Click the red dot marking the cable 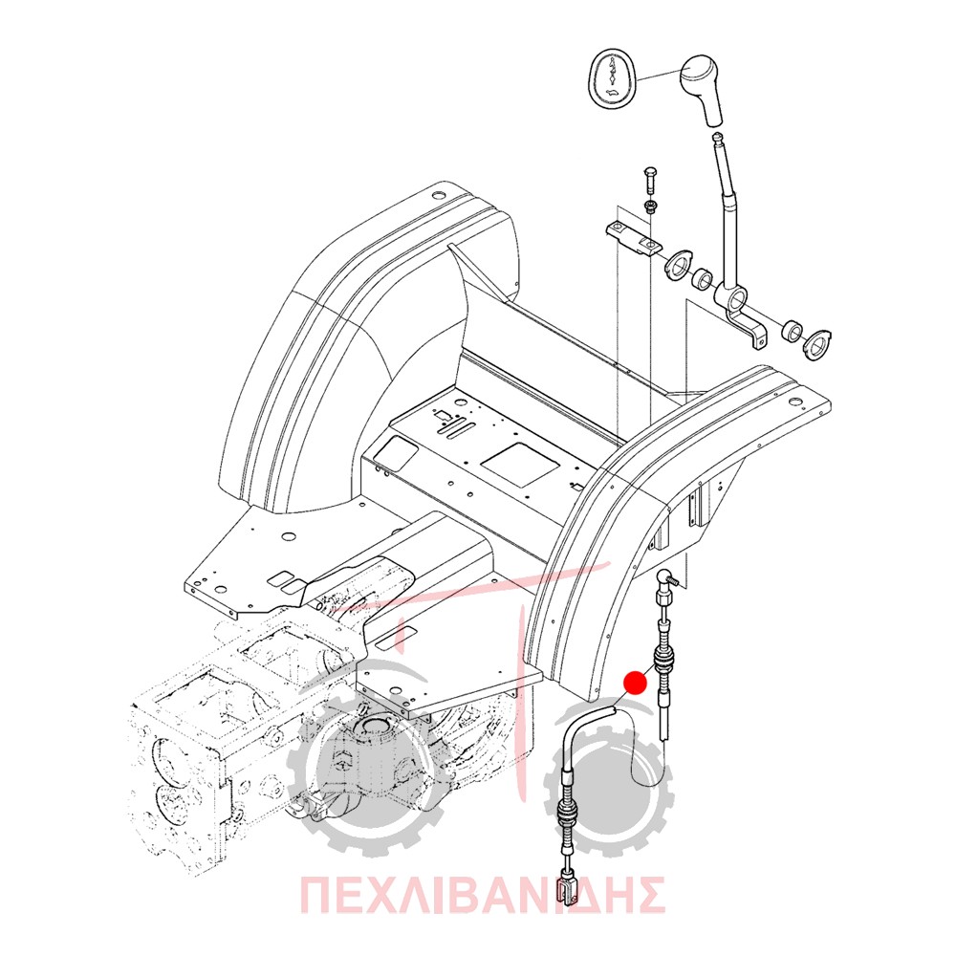click(x=636, y=683)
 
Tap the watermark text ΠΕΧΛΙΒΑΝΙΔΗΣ click(x=482, y=895)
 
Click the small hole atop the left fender click(x=434, y=196)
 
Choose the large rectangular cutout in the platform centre click(x=519, y=464)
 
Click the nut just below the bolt click(x=650, y=206)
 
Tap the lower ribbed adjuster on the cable click(x=568, y=814)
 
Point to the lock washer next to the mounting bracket click(x=678, y=265)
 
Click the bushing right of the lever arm click(x=792, y=331)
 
